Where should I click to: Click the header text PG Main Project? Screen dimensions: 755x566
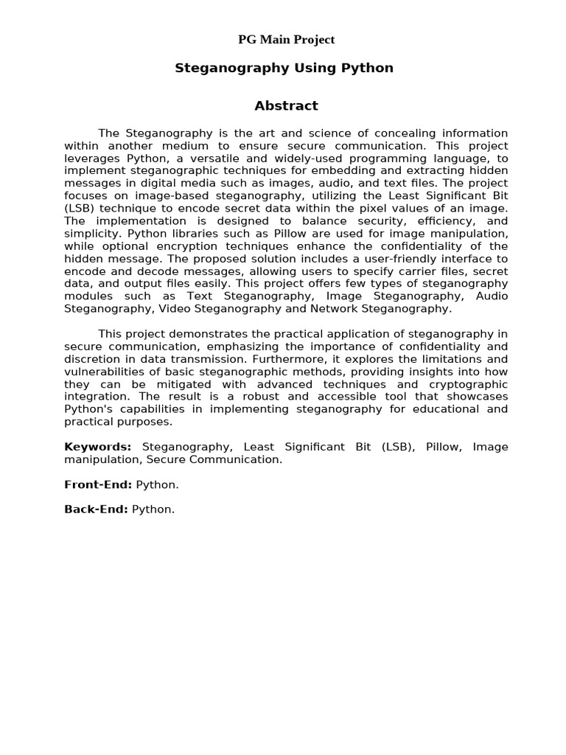coord(286,40)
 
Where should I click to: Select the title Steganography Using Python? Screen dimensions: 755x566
coord(284,68)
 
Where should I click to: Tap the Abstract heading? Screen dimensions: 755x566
coord(286,105)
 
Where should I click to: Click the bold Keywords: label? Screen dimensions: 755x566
coord(97,447)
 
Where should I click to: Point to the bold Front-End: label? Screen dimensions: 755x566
coord(98,484)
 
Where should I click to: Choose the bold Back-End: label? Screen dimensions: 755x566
coord(96,509)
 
